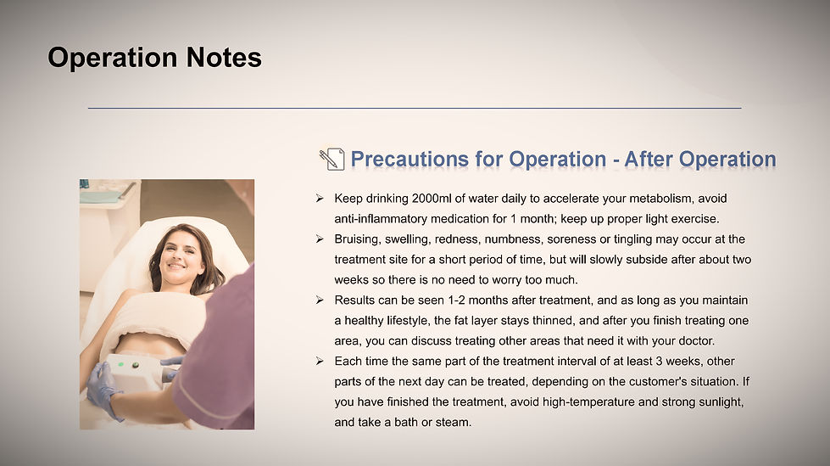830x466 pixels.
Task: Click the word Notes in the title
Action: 224,57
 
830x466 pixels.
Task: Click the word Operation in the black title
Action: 113,59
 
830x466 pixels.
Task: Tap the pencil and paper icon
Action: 331,159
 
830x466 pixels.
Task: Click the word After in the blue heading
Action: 649,159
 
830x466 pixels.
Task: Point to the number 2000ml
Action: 432,199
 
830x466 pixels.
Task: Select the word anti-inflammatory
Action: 381,219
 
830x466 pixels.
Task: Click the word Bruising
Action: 357,239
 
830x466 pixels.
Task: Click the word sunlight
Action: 721,401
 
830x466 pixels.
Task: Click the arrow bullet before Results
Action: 320,300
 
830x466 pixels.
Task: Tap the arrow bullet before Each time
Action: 320,361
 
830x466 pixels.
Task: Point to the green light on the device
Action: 121,364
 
